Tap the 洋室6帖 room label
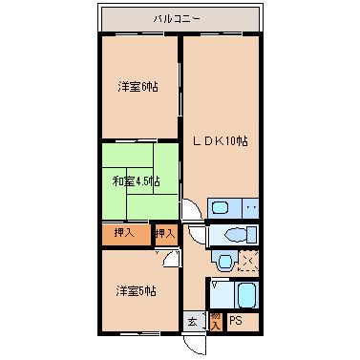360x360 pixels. click(x=138, y=87)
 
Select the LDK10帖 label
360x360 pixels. click(x=221, y=140)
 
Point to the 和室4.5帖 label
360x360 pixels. click(x=138, y=180)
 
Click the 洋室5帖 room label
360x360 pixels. click(x=138, y=289)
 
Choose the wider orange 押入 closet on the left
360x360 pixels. click(x=125, y=233)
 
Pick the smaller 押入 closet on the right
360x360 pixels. click(x=165, y=233)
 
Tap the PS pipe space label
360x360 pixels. click(x=236, y=321)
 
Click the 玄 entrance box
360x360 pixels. click(x=192, y=321)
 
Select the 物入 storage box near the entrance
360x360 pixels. click(x=215, y=321)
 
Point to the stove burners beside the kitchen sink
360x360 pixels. click(x=251, y=207)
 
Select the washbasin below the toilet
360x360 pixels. click(x=224, y=260)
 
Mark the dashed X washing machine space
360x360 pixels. click(x=248, y=260)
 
